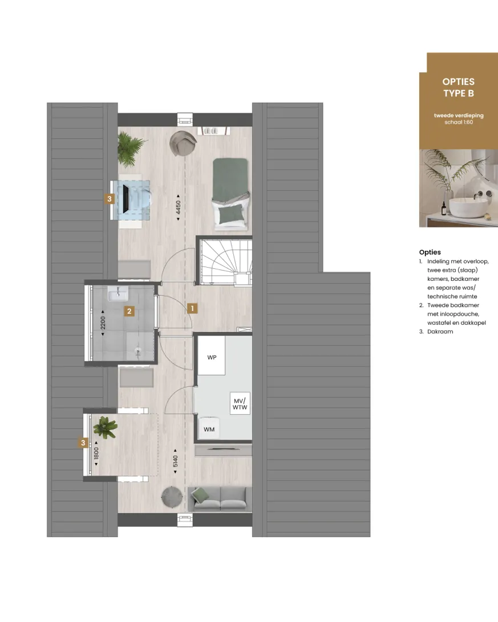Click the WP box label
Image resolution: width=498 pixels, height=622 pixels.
(x=212, y=357)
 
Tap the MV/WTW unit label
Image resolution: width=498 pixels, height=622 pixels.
(x=240, y=404)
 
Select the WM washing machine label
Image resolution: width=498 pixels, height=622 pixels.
(x=209, y=429)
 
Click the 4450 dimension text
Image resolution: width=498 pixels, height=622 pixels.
(x=179, y=207)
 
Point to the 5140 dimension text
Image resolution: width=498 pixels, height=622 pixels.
(x=176, y=461)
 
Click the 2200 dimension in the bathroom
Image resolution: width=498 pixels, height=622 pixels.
(x=103, y=323)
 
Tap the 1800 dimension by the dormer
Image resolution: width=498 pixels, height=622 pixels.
(x=96, y=453)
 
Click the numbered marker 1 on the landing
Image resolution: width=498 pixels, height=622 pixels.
(x=192, y=308)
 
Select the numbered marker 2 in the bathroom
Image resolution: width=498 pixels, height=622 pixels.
(x=129, y=312)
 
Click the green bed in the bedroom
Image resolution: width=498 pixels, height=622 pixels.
(x=230, y=194)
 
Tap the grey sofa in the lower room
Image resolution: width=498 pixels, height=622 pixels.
(x=220, y=498)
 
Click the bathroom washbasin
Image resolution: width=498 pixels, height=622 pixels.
(x=118, y=294)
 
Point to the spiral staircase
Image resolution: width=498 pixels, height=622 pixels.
(x=225, y=262)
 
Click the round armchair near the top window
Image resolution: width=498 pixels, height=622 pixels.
(x=183, y=143)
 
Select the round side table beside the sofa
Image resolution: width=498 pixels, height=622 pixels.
(x=172, y=497)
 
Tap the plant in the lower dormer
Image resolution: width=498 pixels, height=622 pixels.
(x=105, y=427)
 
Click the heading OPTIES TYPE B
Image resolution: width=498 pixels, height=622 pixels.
(x=459, y=87)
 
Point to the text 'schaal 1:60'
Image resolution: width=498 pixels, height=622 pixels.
(x=459, y=122)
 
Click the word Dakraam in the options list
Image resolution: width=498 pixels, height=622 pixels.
(x=440, y=332)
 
